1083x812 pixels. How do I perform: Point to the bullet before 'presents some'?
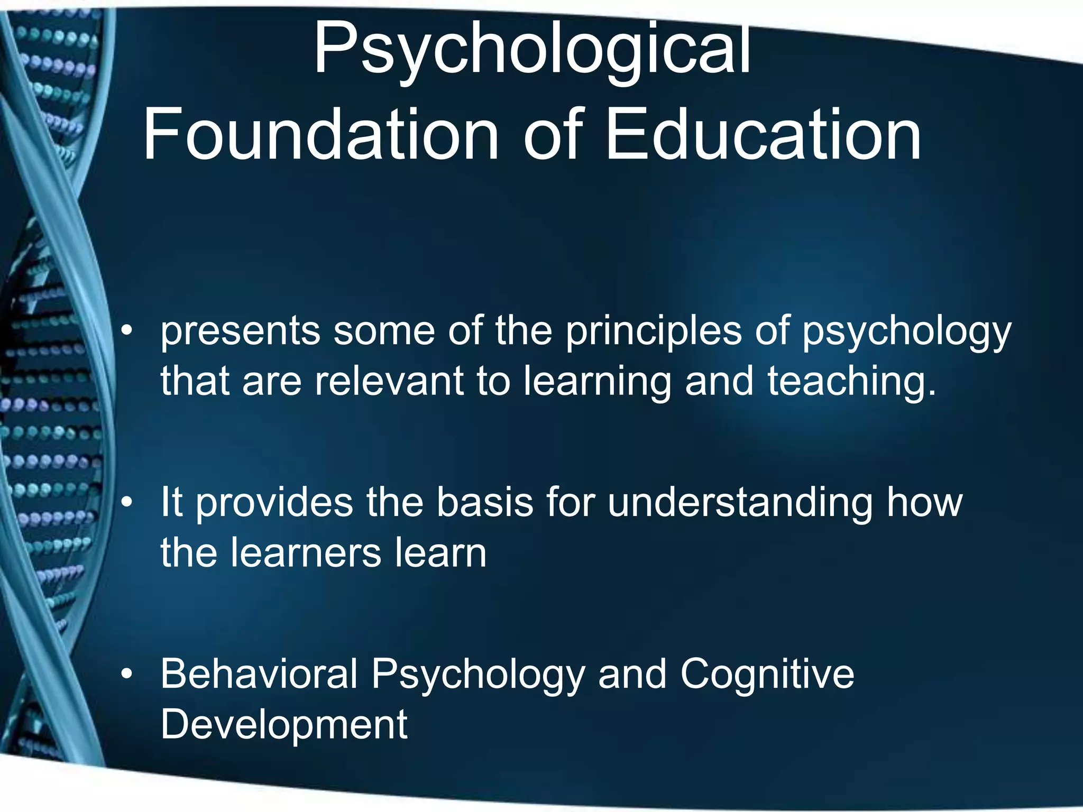[126, 332]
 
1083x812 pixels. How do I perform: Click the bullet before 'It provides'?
[126, 503]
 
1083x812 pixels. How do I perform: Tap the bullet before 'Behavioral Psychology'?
[126, 675]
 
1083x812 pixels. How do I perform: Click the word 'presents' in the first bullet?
[241, 332]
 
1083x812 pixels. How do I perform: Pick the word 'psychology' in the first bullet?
[906, 332]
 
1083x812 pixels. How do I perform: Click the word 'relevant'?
[389, 381]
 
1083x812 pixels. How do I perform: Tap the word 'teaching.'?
[852, 381]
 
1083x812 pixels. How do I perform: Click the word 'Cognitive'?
[767, 675]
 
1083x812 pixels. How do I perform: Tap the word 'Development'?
[284, 724]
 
